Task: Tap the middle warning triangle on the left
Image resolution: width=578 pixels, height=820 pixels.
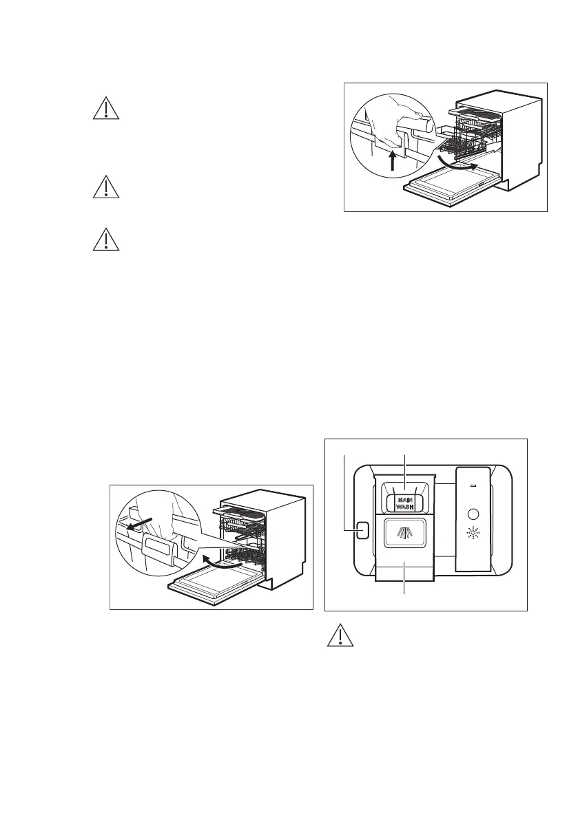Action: (105, 187)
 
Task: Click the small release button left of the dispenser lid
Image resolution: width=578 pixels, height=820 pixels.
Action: (362, 529)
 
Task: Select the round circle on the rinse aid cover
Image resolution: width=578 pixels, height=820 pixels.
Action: (473, 514)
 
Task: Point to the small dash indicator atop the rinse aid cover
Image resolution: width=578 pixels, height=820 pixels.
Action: (473, 485)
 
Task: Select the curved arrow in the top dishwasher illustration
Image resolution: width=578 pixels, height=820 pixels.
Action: (457, 166)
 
